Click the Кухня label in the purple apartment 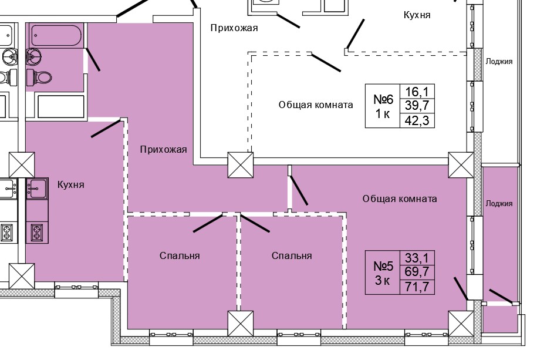coord(70,184)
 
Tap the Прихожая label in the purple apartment coord(163,150)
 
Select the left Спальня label coord(180,255)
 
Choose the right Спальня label coord(291,255)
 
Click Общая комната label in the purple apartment coord(399,198)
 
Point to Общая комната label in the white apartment coord(316,105)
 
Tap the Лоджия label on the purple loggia coord(499,204)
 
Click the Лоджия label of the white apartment coord(499,61)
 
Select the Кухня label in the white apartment coord(417,15)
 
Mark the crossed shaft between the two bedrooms coord(239,324)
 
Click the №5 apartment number coord(384,265)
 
